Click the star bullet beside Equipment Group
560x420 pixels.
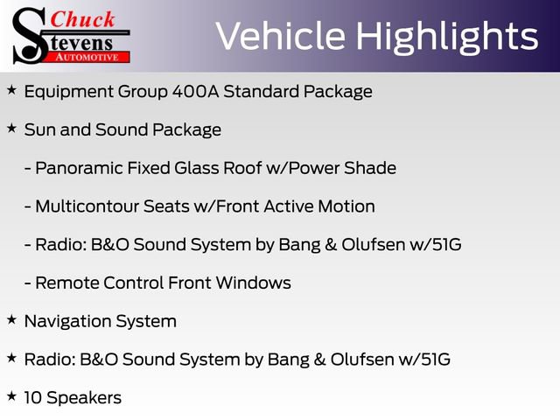coord(11,90)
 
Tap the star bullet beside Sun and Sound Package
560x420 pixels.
coord(11,129)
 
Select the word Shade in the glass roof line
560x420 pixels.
coord(372,168)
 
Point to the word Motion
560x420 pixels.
coord(346,206)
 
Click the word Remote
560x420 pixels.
coord(64,283)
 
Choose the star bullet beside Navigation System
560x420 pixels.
coord(11,320)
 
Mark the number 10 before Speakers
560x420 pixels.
coord(32,398)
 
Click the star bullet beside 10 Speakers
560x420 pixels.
coord(11,396)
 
